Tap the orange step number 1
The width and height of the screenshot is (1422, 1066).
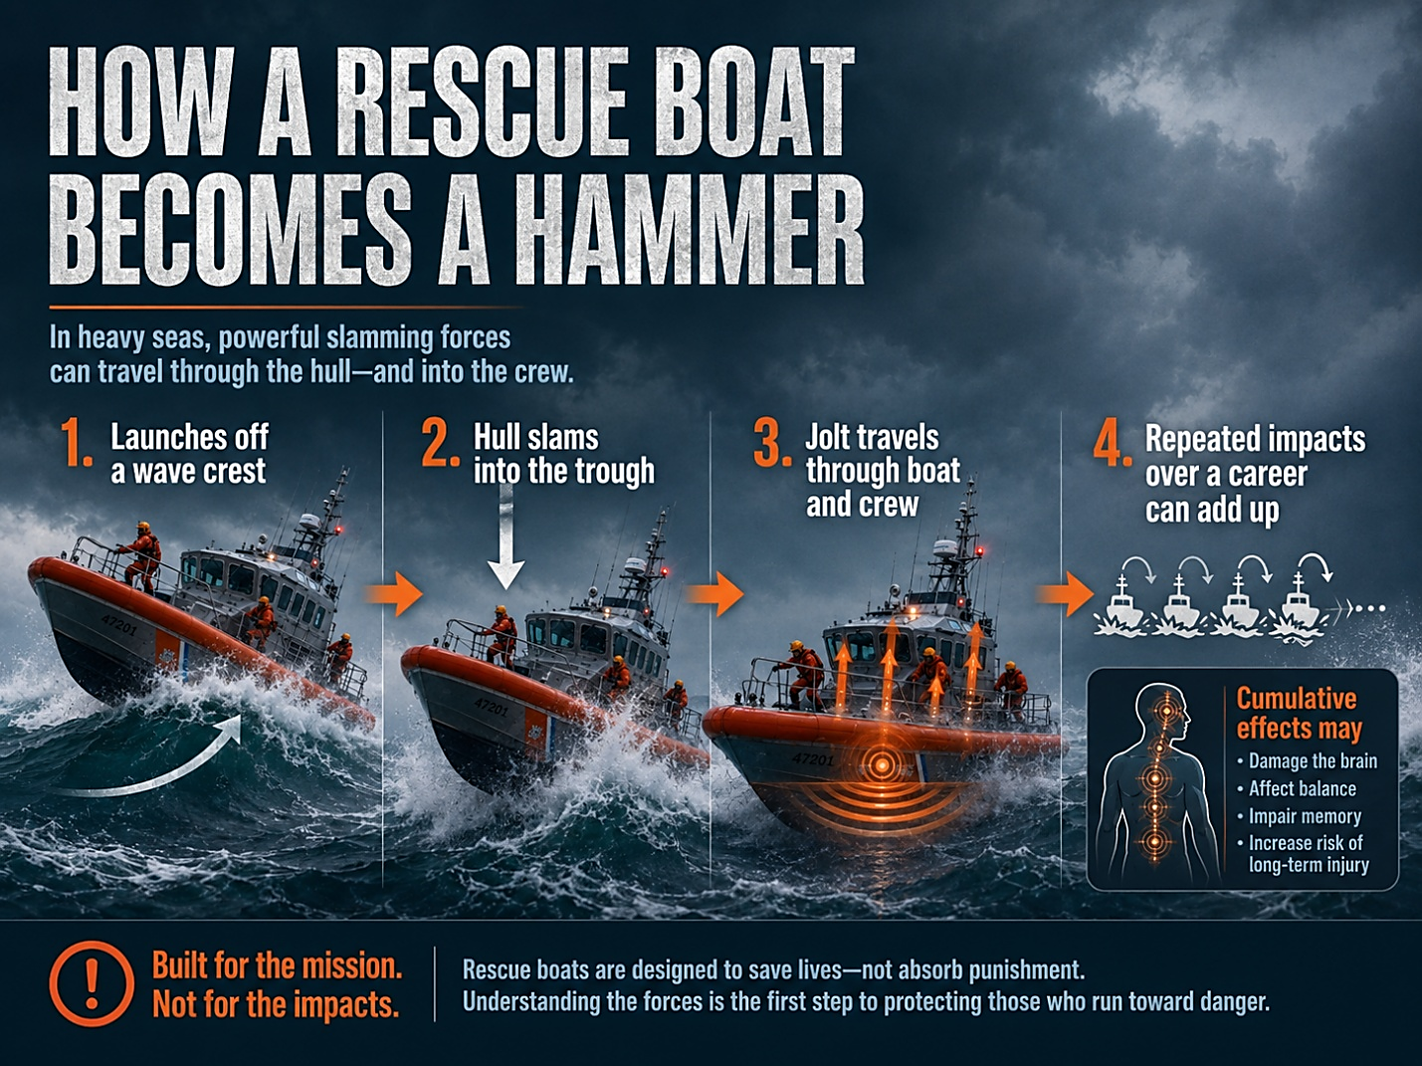(x=77, y=443)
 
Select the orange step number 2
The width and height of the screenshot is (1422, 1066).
(x=440, y=443)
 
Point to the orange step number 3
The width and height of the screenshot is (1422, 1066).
(x=772, y=443)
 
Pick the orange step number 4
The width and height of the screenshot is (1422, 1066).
(x=1113, y=445)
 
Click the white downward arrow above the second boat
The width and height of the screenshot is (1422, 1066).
(x=506, y=537)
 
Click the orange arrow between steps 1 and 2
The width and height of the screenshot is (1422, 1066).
(x=394, y=593)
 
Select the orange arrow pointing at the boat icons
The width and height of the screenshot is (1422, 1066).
(x=1065, y=593)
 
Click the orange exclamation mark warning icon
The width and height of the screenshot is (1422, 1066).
(x=92, y=983)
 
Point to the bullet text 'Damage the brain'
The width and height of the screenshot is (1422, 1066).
(x=1313, y=760)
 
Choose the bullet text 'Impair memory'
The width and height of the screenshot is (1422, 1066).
(x=1305, y=816)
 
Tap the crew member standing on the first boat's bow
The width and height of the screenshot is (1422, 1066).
(x=142, y=558)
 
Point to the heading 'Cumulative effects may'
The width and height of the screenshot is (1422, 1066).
(x=1299, y=713)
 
